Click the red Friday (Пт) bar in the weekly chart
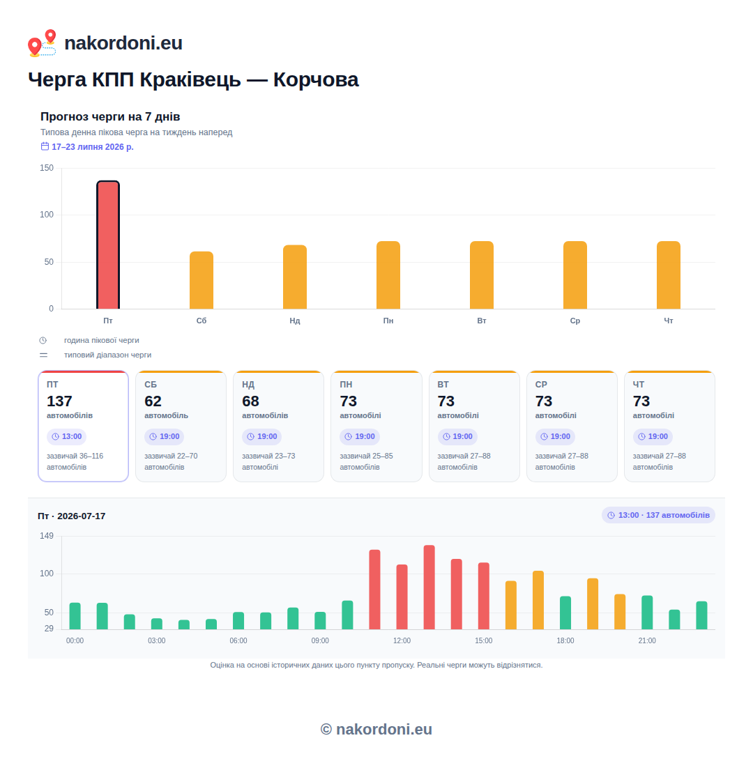coord(108,245)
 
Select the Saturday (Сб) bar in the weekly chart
coord(201,280)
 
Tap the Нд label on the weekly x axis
coord(295,321)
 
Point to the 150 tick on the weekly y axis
coord(47,168)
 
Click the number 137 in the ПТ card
coord(59,401)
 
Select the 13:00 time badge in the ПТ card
coord(66,436)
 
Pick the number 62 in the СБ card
coord(153,401)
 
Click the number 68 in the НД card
coord(250,401)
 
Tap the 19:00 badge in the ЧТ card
coord(653,436)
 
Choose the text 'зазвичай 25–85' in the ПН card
coord(367,456)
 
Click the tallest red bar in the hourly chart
coord(429,587)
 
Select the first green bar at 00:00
coord(75,616)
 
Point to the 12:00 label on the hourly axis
coord(402,640)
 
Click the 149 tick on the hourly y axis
coord(47,536)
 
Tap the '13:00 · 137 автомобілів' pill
coord(658,515)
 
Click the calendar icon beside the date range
coord(45,146)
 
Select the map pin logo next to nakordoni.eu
coord(42,43)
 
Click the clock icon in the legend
coord(43,340)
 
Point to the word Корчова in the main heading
coord(316,80)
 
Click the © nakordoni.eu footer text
coord(376,729)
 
